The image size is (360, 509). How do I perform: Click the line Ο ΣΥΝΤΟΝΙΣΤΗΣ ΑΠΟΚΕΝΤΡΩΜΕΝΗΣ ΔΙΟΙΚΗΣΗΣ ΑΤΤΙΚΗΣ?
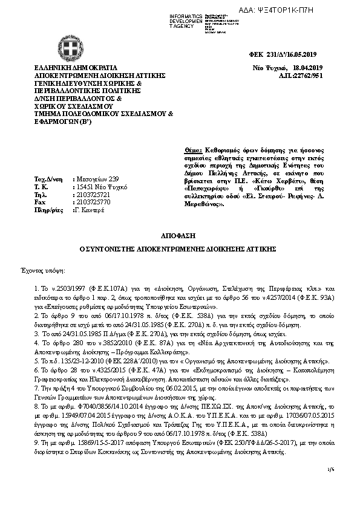point(179,248)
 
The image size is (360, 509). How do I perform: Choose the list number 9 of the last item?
point(36,443)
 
